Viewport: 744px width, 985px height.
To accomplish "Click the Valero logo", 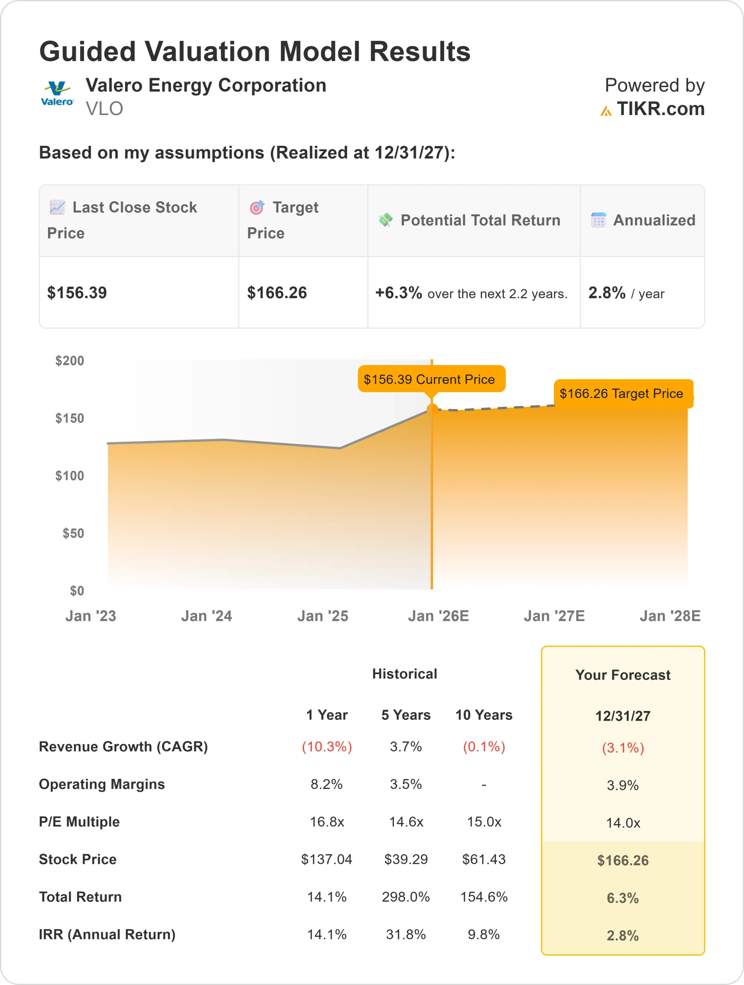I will (57, 93).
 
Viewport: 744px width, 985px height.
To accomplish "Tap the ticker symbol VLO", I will (104, 109).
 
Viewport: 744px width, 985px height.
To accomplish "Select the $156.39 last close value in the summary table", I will (77, 293).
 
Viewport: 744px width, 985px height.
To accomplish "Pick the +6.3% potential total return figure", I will (399, 293).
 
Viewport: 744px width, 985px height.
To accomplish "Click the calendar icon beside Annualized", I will (599, 220).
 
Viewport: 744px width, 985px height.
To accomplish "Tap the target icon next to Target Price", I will (257, 207).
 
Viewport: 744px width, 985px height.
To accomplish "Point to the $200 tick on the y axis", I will (70, 361).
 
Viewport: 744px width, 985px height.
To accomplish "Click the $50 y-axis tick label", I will (73, 533).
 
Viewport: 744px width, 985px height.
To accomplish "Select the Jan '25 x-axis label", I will (323, 616).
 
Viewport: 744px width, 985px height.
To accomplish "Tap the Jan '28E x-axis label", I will (670, 616).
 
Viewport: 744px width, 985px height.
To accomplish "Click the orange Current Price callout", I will (431, 379).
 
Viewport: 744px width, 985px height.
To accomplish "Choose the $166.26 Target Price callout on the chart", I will (622, 394).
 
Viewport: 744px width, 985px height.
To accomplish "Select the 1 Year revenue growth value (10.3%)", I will (327, 747).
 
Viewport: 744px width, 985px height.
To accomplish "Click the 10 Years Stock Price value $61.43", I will (484, 860).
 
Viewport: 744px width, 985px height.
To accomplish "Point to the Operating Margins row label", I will (102, 784).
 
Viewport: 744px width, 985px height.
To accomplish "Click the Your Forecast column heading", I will (622, 675).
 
